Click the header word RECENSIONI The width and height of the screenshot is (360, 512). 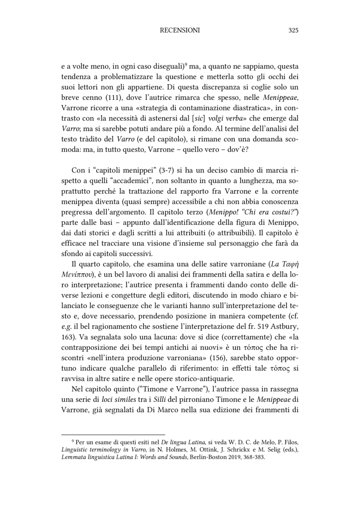180,30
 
